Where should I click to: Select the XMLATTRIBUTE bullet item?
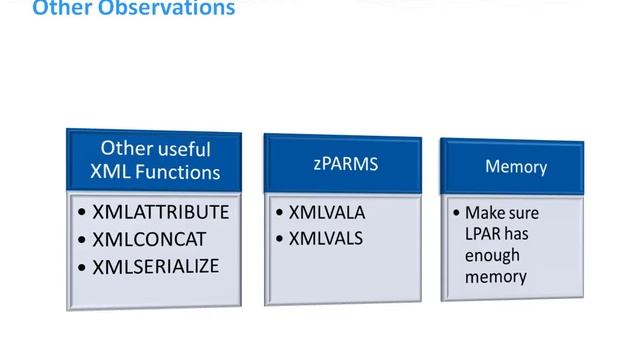[160, 212]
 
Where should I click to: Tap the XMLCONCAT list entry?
[148, 240]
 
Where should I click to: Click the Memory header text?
[516, 166]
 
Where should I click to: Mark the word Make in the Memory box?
[482, 213]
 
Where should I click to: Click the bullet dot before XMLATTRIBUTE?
[82, 213]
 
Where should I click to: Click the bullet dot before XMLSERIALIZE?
[82, 268]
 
